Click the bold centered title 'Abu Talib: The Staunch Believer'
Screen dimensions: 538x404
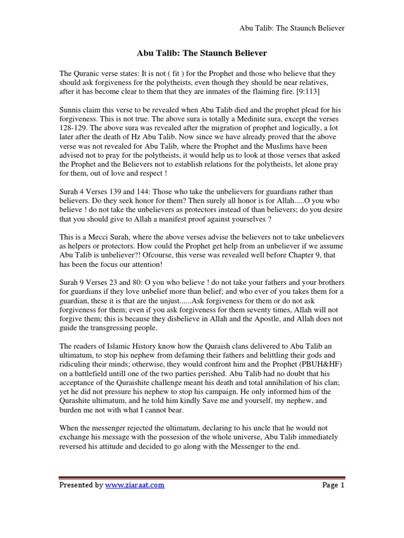tap(202, 53)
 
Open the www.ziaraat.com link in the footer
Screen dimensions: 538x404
tap(135, 485)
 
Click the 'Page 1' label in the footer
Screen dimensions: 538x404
tap(333, 485)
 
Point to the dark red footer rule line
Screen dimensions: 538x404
tap(202, 477)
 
